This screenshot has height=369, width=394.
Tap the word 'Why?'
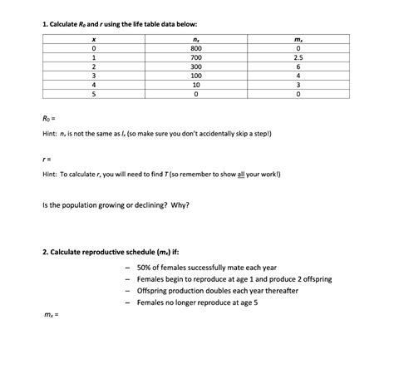coord(180,204)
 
